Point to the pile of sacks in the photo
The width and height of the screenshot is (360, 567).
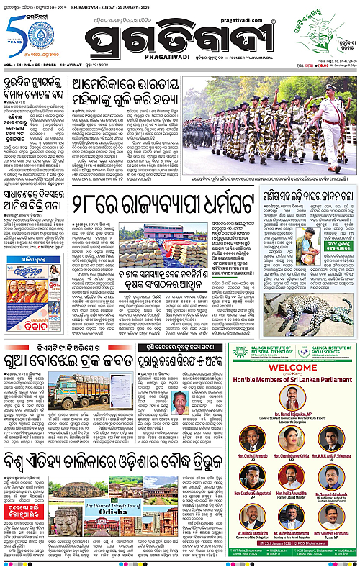click(x=150, y=255)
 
